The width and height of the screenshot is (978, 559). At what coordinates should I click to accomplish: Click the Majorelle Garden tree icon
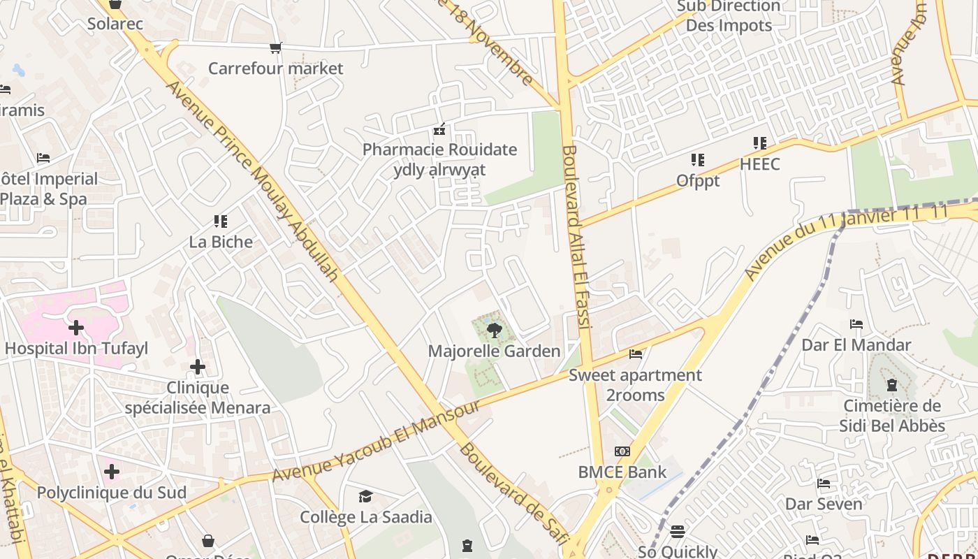494,329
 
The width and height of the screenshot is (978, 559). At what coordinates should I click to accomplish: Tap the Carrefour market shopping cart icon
276,48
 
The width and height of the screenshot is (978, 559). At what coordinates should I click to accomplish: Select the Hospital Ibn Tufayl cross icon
76,327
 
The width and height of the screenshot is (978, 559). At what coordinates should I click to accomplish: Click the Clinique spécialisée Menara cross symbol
198,366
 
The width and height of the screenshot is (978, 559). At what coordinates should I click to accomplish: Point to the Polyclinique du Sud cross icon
111,472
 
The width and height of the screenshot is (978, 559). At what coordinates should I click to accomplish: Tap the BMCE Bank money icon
622,451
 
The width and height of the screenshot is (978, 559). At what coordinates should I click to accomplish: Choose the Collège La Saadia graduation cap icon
365,496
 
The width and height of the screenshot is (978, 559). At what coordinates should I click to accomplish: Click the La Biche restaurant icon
221,222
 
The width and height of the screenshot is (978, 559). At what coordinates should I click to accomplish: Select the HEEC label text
760,165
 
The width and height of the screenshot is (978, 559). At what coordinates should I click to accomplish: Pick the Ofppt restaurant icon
698,160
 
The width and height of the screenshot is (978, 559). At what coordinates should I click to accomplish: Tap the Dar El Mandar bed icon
856,324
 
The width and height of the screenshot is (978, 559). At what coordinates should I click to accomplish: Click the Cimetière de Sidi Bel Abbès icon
892,385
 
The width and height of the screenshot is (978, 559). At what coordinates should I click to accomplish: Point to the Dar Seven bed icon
824,484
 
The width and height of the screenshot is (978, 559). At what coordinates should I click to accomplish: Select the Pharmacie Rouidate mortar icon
439,129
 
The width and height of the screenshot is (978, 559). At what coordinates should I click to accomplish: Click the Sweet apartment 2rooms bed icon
635,354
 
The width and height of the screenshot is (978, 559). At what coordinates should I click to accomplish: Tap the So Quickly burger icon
677,532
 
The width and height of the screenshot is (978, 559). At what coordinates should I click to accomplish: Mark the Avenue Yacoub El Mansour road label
377,441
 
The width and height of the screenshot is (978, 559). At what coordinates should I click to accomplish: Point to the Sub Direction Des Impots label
729,16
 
